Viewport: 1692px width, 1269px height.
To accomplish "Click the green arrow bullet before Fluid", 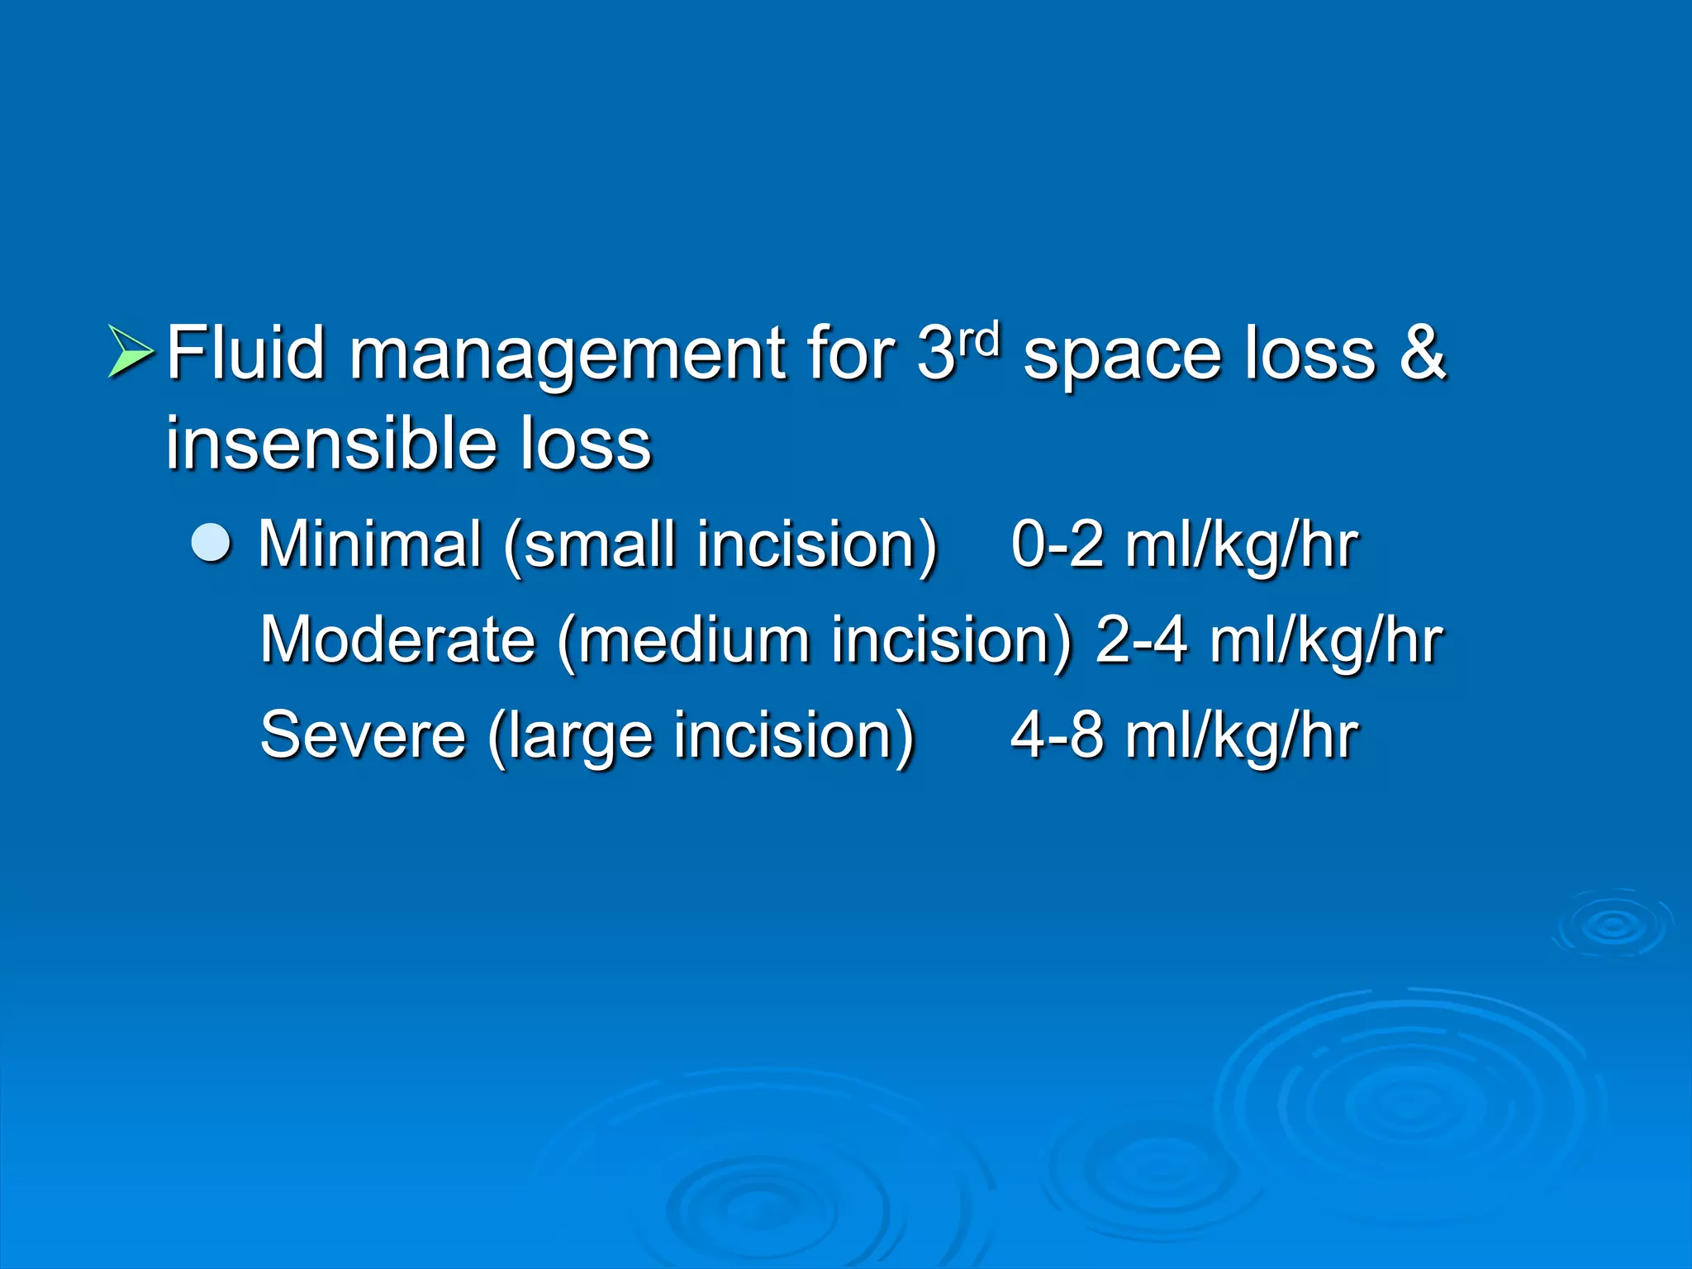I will (x=131, y=352).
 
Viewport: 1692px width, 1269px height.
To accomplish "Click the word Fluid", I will (x=245, y=354).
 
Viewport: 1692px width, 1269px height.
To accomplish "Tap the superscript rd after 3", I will (x=979, y=339).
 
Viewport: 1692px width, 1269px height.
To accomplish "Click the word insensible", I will (x=330, y=444).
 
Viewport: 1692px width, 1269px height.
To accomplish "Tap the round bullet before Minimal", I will (x=211, y=544).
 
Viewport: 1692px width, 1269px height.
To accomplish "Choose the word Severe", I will (x=363, y=735).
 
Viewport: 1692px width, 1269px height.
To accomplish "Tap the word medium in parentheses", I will (x=693, y=640).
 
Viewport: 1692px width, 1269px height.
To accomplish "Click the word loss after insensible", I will (x=586, y=444).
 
